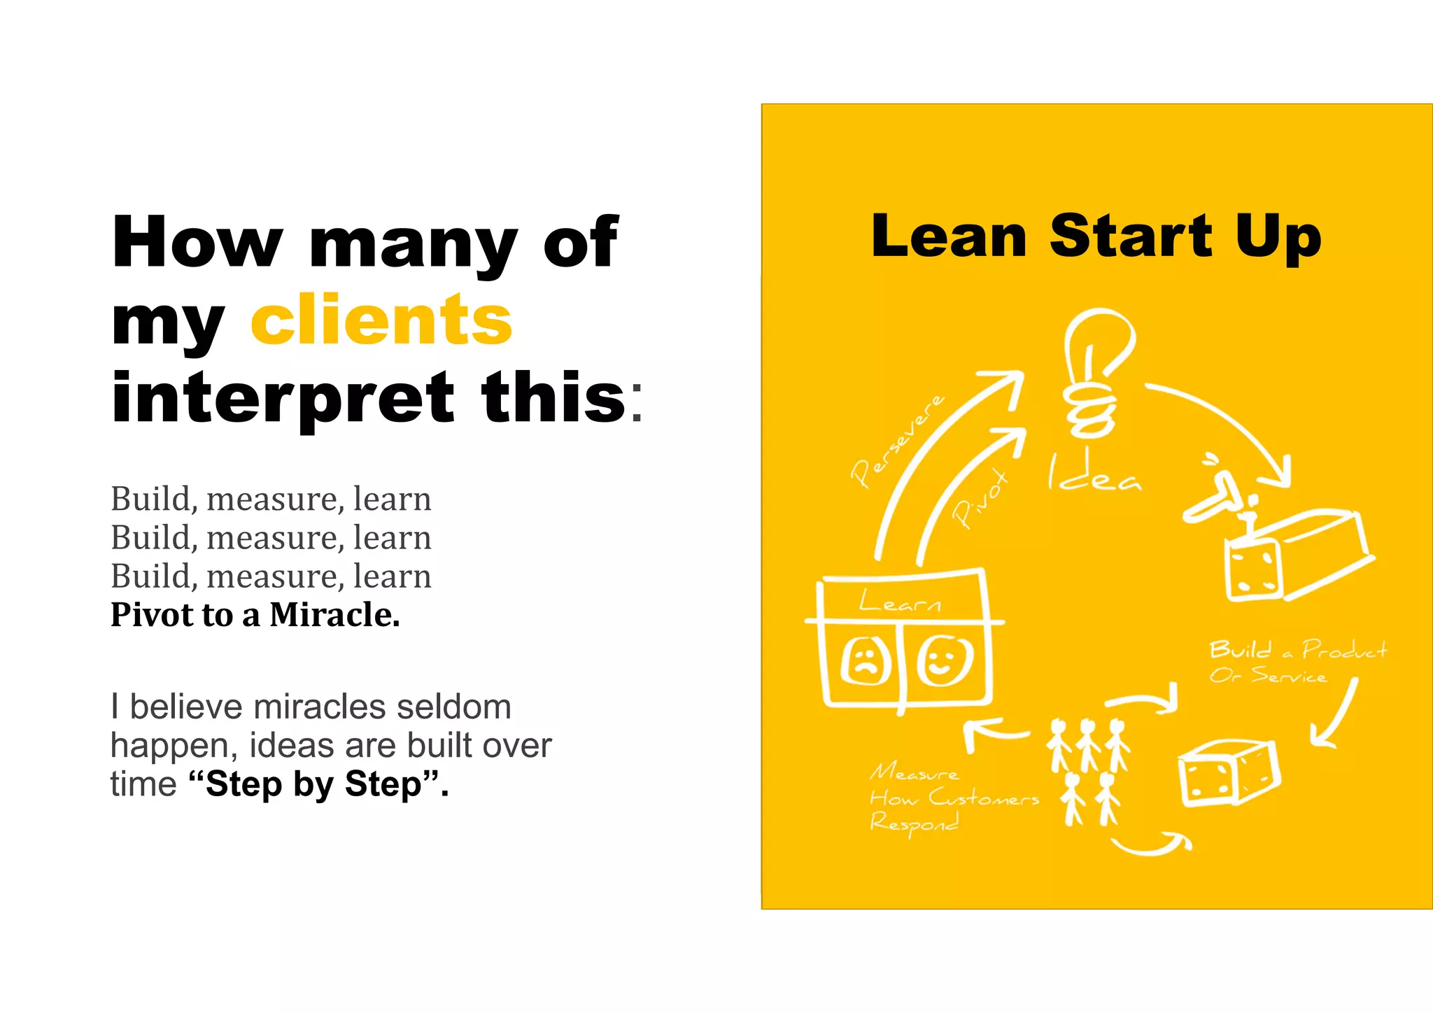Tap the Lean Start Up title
1096,236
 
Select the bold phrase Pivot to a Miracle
255,615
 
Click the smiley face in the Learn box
944,660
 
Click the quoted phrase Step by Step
318,784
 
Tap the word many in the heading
413,243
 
